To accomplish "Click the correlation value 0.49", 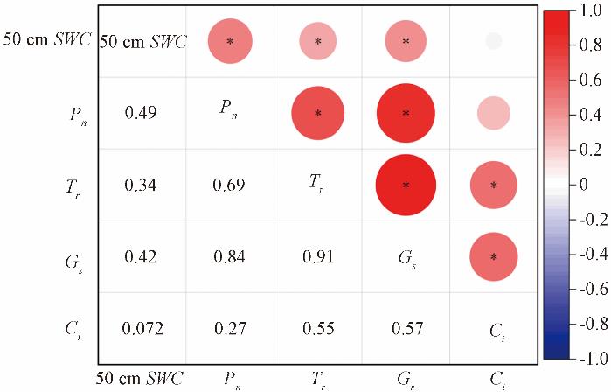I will click(142, 113).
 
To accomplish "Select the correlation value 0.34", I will click(142, 185).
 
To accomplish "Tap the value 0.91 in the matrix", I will click(317, 257).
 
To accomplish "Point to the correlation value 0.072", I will click(142, 329).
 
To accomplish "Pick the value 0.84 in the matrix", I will click(230, 257).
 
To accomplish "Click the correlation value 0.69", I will click(230, 185).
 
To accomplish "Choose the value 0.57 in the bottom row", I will click(406, 329).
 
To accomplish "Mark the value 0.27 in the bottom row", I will click(230, 329).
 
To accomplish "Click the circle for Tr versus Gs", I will click(406, 185).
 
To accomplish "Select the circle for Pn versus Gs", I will click(406, 113).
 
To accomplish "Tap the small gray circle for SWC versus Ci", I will click(494, 41).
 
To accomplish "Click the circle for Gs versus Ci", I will click(494, 256).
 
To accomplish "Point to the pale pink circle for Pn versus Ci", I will click(494, 113).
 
